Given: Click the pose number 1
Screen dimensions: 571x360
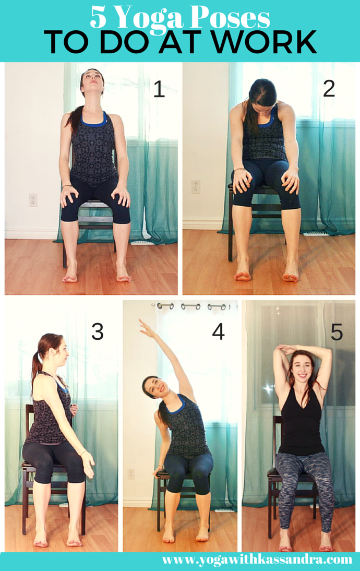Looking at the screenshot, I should click(x=159, y=90).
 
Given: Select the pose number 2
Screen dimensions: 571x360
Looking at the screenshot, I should click(x=329, y=89).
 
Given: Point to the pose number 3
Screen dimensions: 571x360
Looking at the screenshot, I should click(x=97, y=331).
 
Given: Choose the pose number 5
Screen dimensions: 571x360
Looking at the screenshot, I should click(x=337, y=331).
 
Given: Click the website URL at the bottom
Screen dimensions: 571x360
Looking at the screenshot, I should click(x=257, y=560).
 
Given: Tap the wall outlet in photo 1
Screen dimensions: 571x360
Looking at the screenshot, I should click(x=33, y=199).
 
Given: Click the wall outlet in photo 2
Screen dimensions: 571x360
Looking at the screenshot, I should click(x=196, y=186).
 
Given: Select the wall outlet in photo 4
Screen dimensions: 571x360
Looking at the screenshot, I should click(x=130, y=473).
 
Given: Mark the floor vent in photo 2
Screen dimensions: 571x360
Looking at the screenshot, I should click(x=315, y=233).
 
